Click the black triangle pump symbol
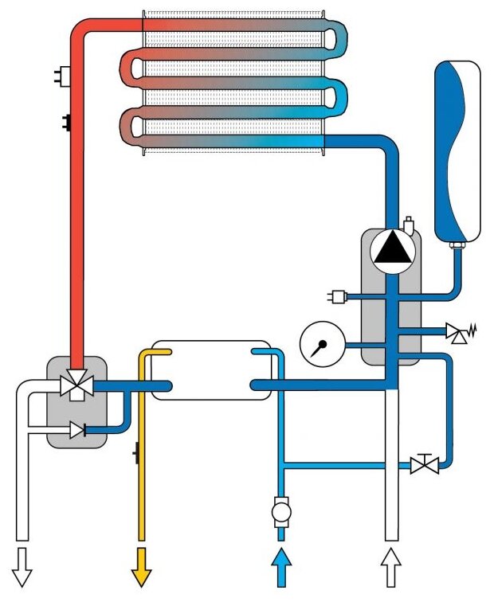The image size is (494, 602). pos(391,251)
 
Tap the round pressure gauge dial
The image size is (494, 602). pos(317,345)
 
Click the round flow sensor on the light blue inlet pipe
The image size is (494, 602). pos(280,510)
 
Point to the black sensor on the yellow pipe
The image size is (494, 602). pos(136,455)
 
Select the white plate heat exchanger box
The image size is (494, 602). pos(211,370)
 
